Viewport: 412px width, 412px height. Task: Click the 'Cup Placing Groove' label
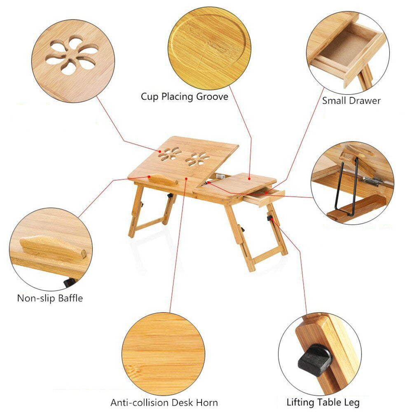185,97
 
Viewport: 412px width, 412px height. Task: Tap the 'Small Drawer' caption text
351,101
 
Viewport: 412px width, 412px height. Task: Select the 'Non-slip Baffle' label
50,298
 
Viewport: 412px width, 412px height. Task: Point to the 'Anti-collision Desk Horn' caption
164,403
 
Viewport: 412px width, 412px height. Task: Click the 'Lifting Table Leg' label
323,402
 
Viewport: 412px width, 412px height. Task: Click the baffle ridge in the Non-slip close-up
53,247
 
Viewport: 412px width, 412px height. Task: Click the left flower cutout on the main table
169,154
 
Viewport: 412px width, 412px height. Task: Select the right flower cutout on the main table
197,159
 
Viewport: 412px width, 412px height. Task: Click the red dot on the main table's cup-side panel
249,179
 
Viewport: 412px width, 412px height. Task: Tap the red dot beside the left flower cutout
160,151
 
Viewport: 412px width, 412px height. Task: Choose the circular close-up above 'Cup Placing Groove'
209,48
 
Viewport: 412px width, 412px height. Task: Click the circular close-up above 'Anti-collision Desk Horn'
164,354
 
